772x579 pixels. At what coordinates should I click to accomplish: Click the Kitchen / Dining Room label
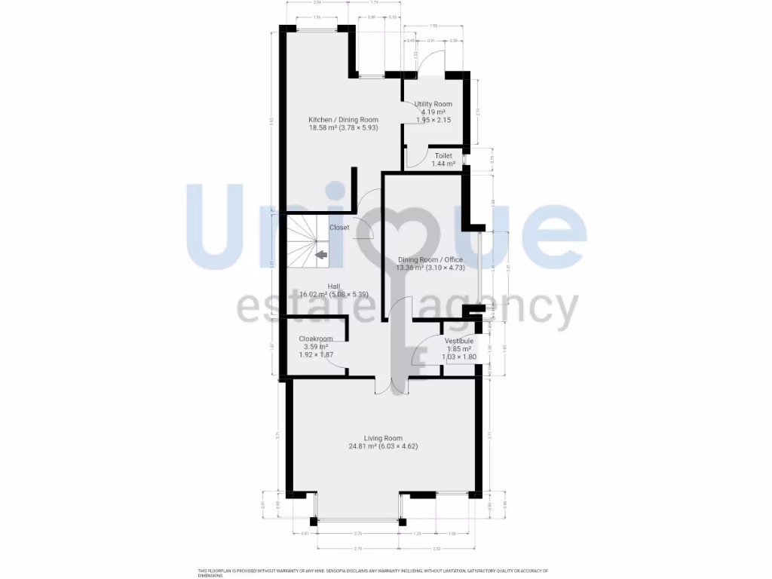(343, 120)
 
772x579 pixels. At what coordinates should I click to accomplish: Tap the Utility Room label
(433, 104)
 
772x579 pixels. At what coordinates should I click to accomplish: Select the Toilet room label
(443, 155)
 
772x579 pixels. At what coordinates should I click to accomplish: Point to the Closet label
(339, 227)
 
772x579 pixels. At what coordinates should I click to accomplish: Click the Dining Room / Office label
(430, 260)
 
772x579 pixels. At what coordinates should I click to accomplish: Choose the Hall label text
(333, 286)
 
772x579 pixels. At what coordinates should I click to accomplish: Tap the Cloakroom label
(316, 339)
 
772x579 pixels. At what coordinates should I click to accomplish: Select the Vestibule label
(458, 341)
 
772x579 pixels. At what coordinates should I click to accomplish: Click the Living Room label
(383, 438)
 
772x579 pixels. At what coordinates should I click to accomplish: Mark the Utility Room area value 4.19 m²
(434, 112)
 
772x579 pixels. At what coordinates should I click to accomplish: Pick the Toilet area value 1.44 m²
(443, 164)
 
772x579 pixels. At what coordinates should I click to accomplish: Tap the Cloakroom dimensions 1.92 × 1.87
(316, 355)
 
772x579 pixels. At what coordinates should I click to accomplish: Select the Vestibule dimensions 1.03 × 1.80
(458, 357)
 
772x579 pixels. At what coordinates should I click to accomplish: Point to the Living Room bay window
(358, 519)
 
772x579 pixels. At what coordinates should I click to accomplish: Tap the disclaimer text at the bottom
(373, 573)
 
